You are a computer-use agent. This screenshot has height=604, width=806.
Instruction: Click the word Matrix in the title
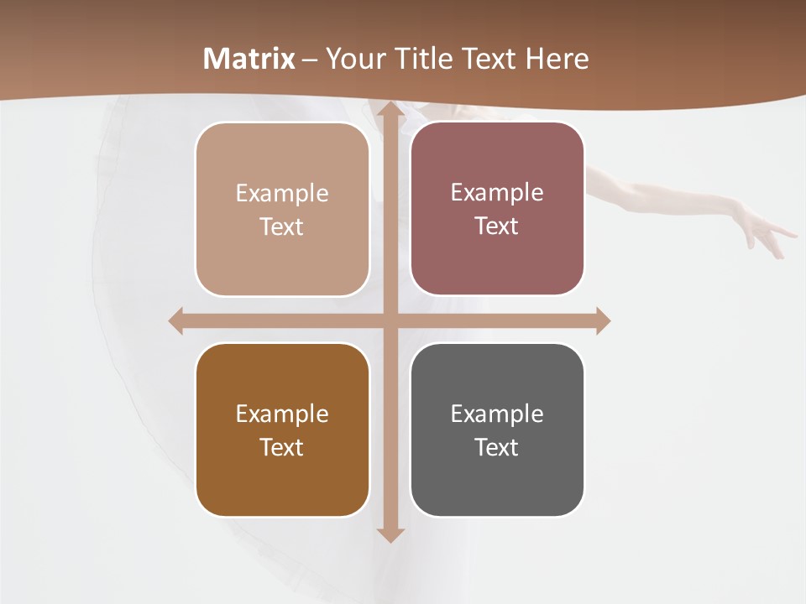pos(249,59)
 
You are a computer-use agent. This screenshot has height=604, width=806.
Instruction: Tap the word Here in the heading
pos(557,59)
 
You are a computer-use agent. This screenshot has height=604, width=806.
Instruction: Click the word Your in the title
pos(352,59)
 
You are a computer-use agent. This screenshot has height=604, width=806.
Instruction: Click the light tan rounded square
pos(282,209)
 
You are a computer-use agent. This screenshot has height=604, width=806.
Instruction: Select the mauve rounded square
pos(497,209)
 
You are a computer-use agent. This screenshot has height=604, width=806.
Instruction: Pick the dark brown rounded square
pos(282,430)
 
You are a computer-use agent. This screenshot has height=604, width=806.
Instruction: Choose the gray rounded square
pos(497,430)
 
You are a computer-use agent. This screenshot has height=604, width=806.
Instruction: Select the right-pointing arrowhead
pos(603,320)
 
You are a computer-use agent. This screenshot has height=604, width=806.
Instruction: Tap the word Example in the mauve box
pos(497,192)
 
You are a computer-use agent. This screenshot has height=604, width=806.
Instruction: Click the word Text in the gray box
pos(497,447)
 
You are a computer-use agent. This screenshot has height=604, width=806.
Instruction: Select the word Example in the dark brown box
pos(282,414)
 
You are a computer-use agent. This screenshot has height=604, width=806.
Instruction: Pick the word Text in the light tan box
pos(282,227)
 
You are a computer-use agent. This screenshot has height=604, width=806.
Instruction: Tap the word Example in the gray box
pos(497,414)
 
